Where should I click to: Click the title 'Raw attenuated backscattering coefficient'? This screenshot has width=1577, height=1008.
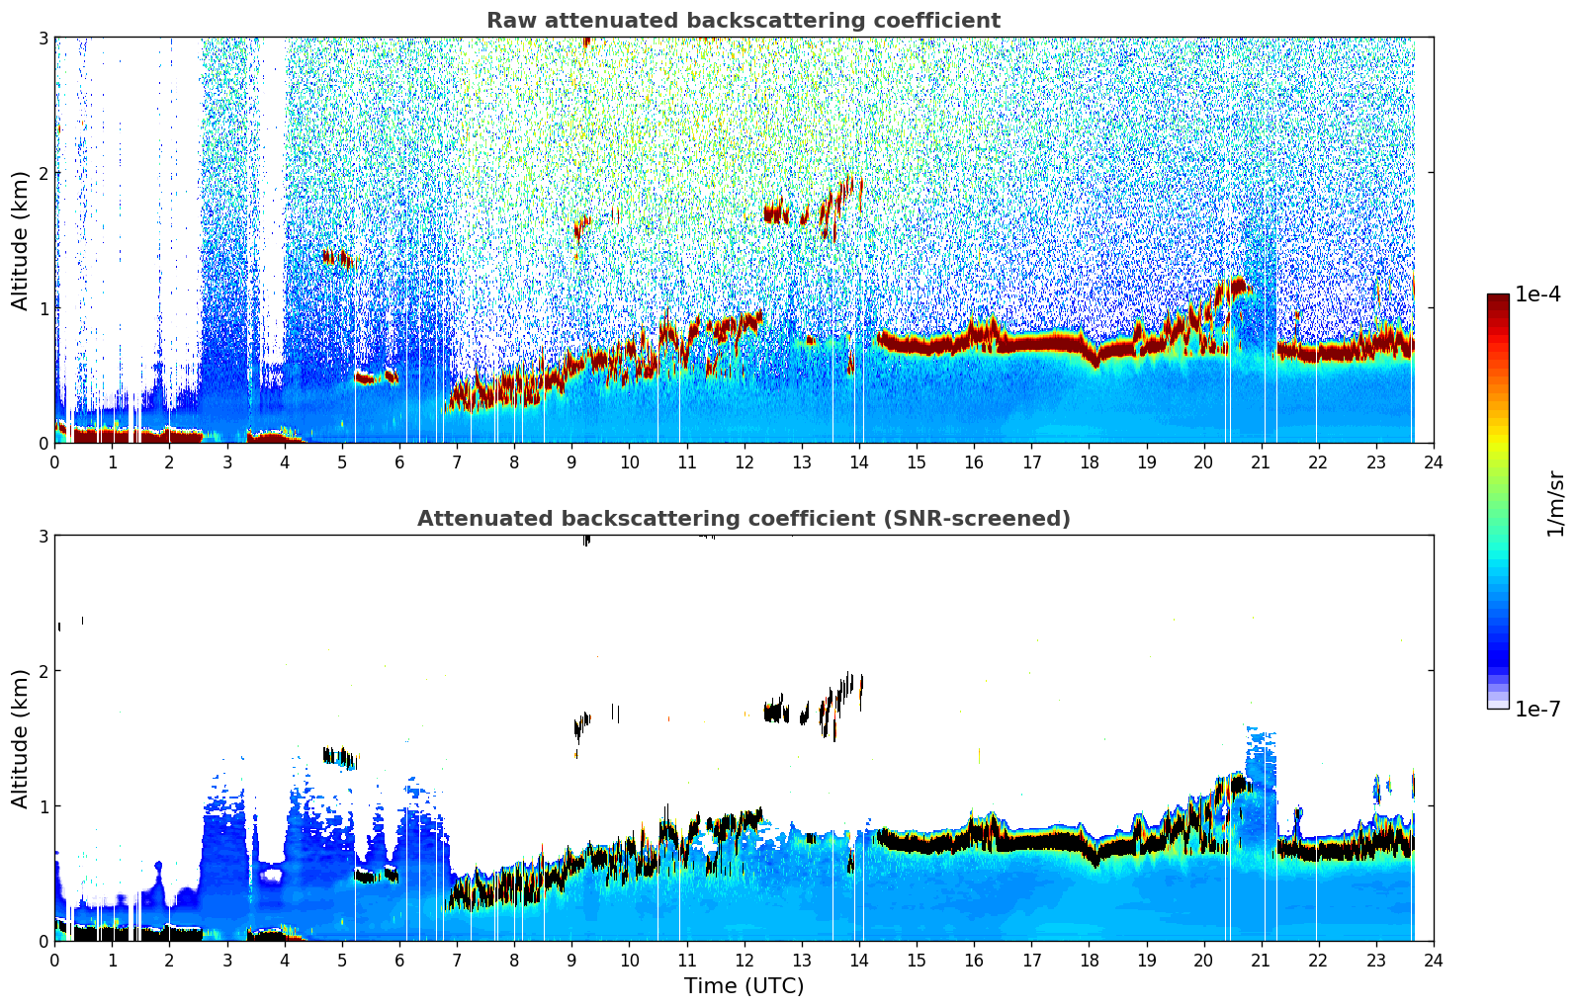pyautogui.click(x=744, y=21)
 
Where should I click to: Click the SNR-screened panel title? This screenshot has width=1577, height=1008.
pyautogui.click(x=744, y=519)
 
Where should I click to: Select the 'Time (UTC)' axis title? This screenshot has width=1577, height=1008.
pyautogui.click(x=744, y=986)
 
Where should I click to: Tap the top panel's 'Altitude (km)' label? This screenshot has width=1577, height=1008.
pyautogui.click(x=20, y=241)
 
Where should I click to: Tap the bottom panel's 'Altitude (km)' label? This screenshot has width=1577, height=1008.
pyautogui.click(x=20, y=739)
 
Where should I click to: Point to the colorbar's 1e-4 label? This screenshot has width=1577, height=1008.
pyautogui.click(x=1537, y=294)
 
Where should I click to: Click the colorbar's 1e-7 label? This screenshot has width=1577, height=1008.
pyautogui.click(x=1537, y=709)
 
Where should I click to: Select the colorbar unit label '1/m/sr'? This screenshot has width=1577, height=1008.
pyautogui.click(x=1555, y=505)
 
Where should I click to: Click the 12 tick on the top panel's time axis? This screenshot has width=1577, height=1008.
pyautogui.click(x=745, y=462)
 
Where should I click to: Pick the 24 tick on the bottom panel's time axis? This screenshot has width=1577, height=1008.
pyautogui.click(x=1434, y=961)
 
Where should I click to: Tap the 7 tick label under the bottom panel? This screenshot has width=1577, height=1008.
pyautogui.click(x=457, y=961)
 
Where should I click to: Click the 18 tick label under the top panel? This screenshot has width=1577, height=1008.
pyautogui.click(x=1090, y=462)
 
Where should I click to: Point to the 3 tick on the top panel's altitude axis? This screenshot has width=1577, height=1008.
pyautogui.click(x=43, y=38)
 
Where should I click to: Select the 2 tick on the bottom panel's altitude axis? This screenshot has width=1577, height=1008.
pyautogui.click(x=43, y=671)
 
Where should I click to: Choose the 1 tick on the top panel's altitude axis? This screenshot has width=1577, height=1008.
pyautogui.click(x=43, y=308)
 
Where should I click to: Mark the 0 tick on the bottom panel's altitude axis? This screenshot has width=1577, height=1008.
pyautogui.click(x=43, y=941)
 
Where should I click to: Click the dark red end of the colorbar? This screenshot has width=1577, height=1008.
pyautogui.click(x=1498, y=298)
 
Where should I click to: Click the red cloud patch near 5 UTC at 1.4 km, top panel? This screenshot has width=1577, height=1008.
pyautogui.click(x=338, y=258)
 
